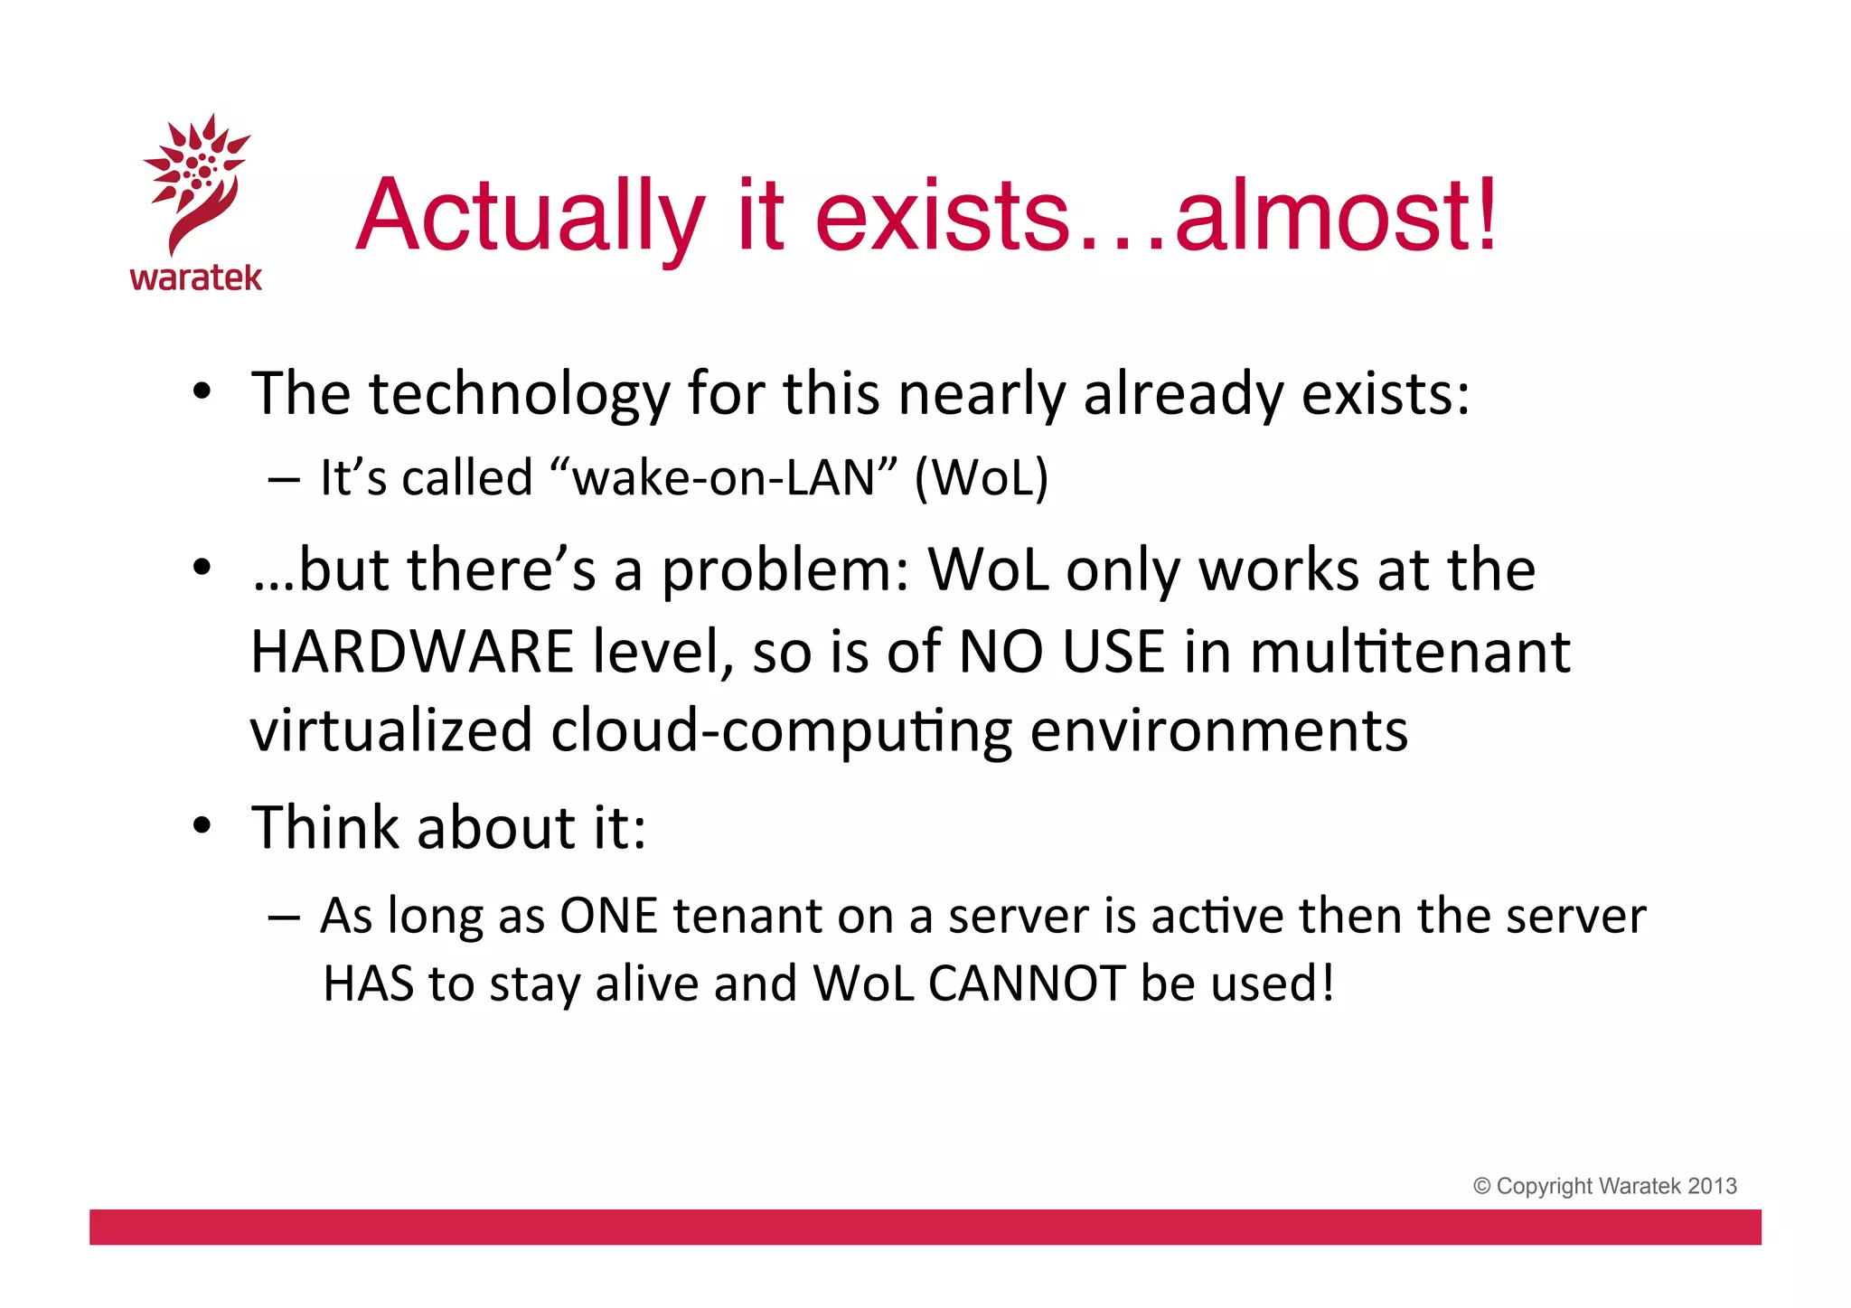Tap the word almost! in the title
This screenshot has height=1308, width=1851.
tap(1336, 217)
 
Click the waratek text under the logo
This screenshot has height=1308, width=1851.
tap(196, 278)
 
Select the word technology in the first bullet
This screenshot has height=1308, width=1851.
tap(520, 395)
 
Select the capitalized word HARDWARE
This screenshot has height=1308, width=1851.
tap(412, 652)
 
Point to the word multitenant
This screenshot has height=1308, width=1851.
tap(1410, 652)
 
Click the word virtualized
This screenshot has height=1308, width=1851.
tap(391, 730)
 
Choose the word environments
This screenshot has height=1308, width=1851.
tap(1218, 730)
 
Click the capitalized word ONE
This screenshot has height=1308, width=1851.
tap(608, 916)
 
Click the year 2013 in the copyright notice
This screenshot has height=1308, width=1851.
tap(1712, 1186)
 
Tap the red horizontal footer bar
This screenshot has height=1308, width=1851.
tap(925, 1227)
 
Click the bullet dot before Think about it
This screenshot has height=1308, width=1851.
tap(202, 825)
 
